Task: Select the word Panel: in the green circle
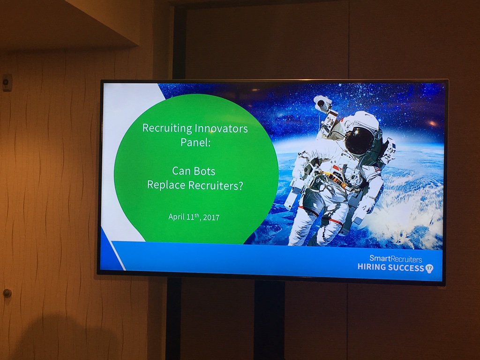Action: point(196,142)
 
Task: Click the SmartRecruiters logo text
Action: point(395,259)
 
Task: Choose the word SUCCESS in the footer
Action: point(406,267)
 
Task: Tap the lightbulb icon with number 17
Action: point(429,268)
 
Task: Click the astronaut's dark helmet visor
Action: point(360,140)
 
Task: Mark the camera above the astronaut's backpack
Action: point(323,104)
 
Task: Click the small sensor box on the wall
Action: point(7,82)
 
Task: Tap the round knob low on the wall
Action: point(7,293)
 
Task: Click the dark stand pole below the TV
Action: point(269,319)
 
